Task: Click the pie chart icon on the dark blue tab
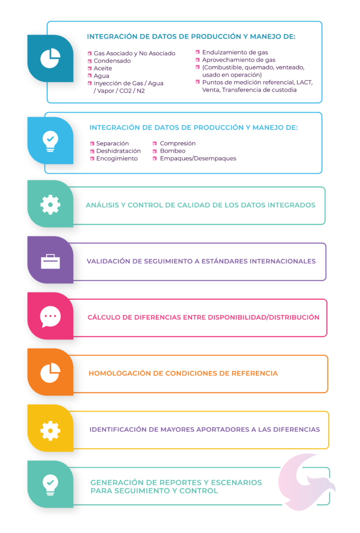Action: tap(50, 58)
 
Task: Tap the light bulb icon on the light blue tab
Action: tap(50, 141)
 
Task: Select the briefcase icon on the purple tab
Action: tap(50, 261)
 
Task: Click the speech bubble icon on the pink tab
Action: tap(50, 317)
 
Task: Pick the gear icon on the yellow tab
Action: tap(50, 430)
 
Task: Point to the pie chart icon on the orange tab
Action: tap(50, 373)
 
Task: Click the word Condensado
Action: tap(112, 61)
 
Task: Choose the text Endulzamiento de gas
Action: tap(235, 53)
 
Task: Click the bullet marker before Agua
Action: tap(89, 76)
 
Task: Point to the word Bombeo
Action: tap(173, 151)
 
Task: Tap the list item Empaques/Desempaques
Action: tap(198, 158)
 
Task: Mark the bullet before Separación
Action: tap(92, 144)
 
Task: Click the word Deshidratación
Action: tap(118, 151)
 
